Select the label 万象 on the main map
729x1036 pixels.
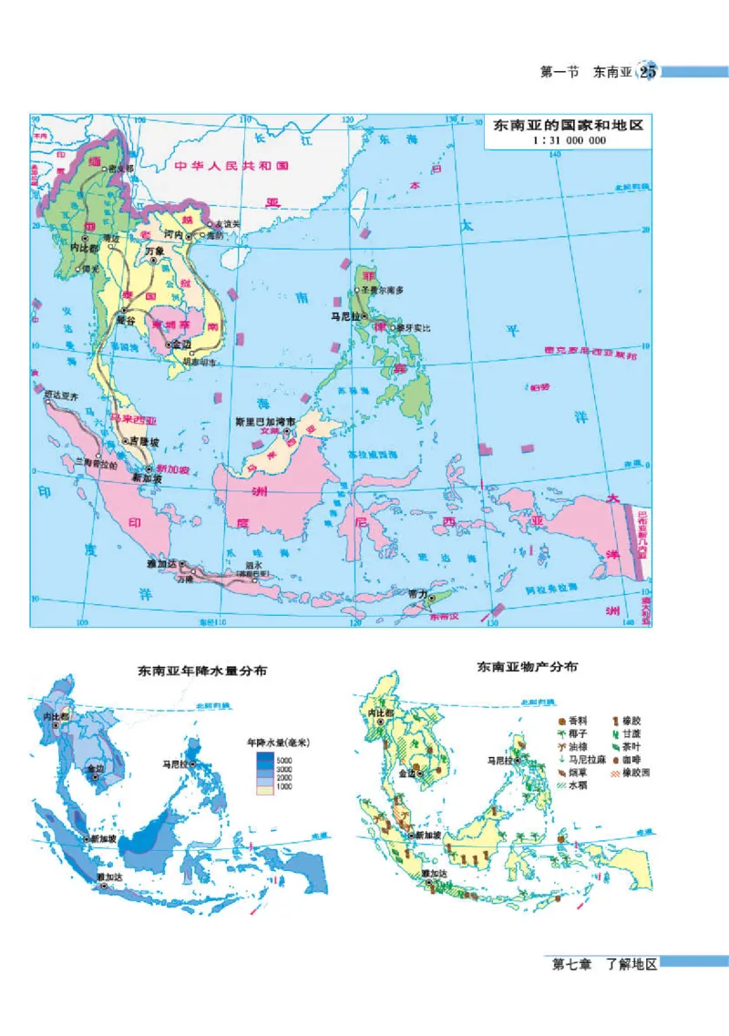click(x=155, y=251)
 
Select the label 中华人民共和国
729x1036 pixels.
click(x=232, y=167)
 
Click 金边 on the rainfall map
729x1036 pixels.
click(x=96, y=770)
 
